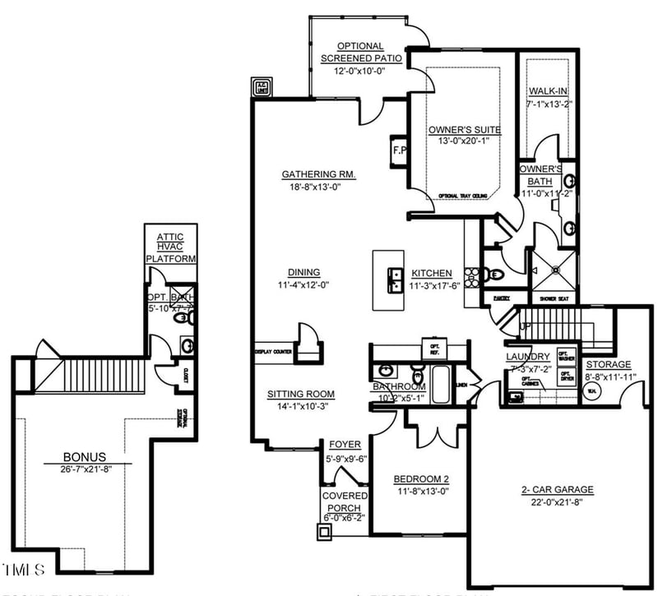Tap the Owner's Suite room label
click(465, 129)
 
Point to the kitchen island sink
click(395, 280)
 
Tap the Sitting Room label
click(300, 395)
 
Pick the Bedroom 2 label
click(420, 479)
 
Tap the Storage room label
click(609, 364)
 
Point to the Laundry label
click(528, 357)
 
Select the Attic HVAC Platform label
click(171, 247)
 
